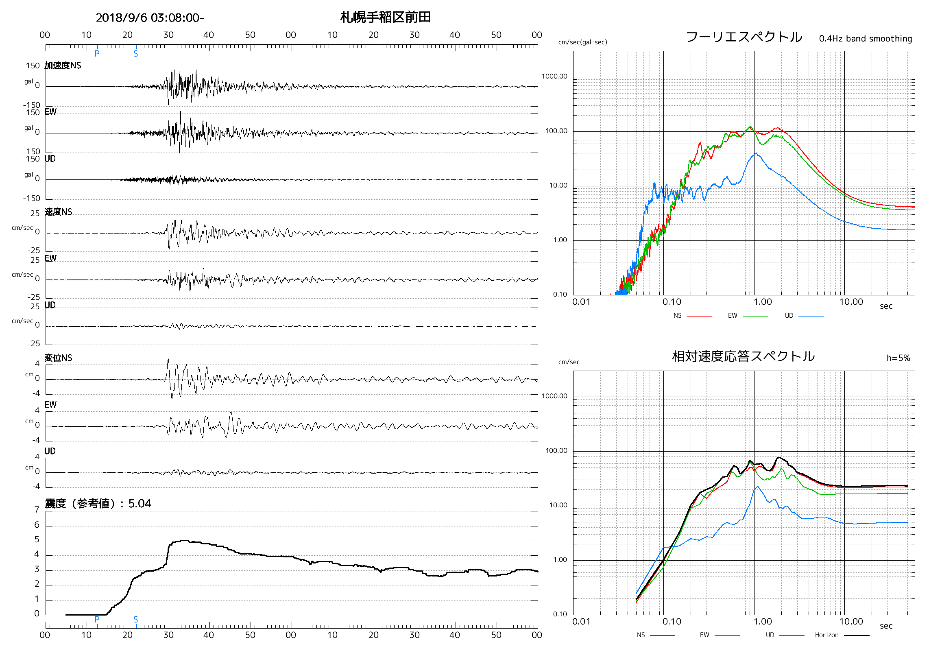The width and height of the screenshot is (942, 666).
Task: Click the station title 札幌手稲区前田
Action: (385, 17)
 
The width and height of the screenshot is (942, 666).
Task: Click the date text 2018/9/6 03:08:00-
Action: (150, 17)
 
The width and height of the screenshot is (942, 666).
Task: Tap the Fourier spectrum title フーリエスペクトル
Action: (744, 37)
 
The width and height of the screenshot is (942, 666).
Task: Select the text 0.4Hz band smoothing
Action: (865, 39)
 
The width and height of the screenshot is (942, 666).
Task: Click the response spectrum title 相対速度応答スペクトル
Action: (743, 356)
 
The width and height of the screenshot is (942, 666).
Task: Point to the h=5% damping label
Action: (898, 358)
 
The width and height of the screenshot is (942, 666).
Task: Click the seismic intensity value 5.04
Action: (140, 504)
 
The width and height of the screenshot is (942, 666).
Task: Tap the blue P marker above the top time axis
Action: (97, 53)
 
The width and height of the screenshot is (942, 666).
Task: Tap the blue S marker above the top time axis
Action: (136, 53)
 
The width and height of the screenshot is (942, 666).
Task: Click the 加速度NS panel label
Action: (63, 65)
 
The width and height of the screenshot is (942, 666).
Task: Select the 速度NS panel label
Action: (58, 212)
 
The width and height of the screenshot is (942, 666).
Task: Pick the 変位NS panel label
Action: (58, 358)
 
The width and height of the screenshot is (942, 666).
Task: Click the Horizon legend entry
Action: (827, 635)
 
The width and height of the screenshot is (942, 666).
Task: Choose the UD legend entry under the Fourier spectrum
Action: (789, 316)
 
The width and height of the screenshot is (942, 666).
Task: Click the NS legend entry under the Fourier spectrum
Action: (677, 316)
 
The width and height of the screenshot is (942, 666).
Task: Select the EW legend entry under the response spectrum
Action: (704, 635)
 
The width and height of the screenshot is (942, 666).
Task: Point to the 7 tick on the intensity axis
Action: (37, 510)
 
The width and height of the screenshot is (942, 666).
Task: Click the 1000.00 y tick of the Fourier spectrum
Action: (554, 76)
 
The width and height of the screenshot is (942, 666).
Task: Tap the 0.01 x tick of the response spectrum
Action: (581, 622)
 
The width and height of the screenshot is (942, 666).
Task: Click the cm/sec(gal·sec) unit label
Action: (582, 42)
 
